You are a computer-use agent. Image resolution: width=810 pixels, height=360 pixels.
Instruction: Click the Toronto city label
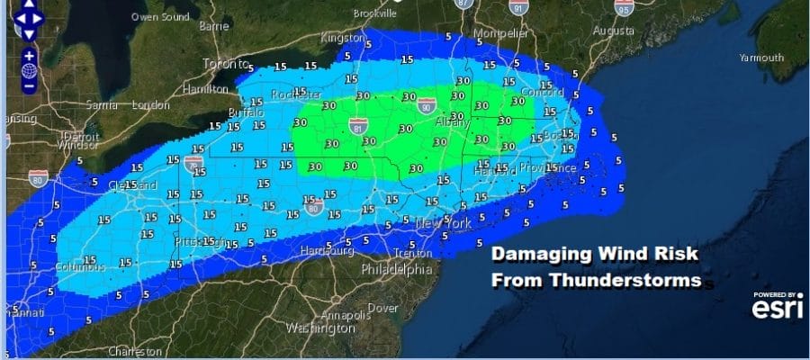click(225, 65)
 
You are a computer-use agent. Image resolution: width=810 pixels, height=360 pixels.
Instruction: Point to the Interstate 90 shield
click(425, 107)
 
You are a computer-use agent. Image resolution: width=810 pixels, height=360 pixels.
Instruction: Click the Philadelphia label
click(397, 269)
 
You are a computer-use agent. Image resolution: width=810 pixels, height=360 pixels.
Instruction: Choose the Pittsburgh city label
click(200, 241)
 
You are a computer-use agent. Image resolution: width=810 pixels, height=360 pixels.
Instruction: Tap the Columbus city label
click(80, 267)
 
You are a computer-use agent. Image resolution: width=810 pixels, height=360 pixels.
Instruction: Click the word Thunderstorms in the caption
click(596, 281)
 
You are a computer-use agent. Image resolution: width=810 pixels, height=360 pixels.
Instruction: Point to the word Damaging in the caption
click(535, 256)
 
